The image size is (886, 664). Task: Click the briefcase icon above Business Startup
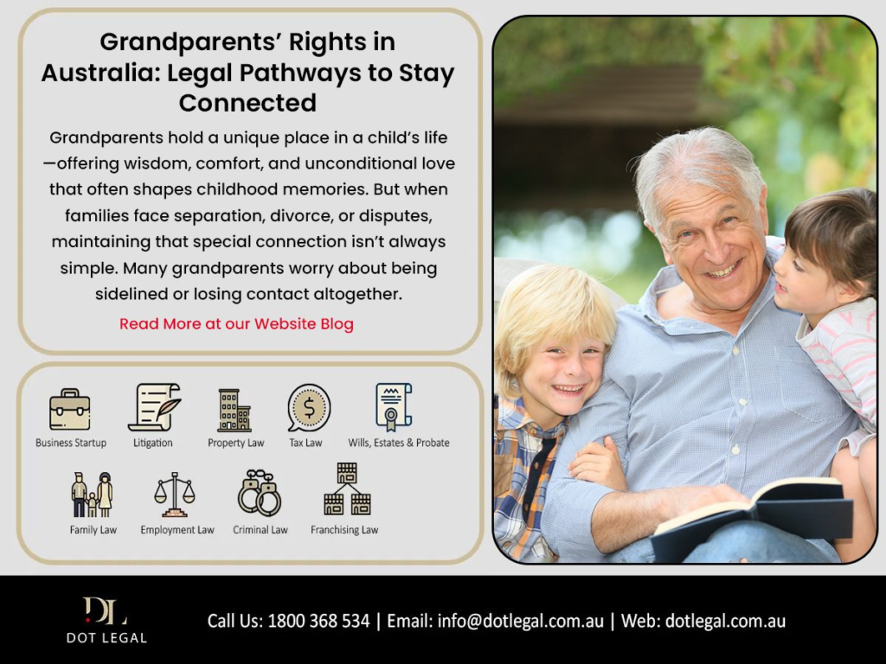click(x=69, y=409)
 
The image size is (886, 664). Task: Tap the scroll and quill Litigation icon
click(x=154, y=407)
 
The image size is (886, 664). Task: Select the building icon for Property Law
click(x=234, y=411)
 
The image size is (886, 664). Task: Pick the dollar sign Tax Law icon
click(x=309, y=408)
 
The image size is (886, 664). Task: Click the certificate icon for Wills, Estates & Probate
click(x=394, y=406)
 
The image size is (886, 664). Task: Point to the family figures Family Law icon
click(x=92, y=494)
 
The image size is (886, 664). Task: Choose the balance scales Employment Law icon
click(x=175, y=495)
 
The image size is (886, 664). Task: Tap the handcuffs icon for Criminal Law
click(x=260, y=492)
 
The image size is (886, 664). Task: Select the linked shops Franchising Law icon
click(x=347, y=489)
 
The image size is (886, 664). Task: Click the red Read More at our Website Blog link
click(x=236, y=323)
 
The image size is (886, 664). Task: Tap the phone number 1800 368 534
click(x=318, y=621)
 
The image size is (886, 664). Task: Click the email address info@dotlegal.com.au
click(x=520, y=621)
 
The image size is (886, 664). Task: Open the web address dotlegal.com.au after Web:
click(x=725, y=621)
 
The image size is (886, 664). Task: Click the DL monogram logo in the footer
click(x=105, y=611)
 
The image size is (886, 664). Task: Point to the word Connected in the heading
click(x=247, y=103)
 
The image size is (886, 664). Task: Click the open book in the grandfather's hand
click(x=752, y=517)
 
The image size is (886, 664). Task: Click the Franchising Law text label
click(x=344, y=530)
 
